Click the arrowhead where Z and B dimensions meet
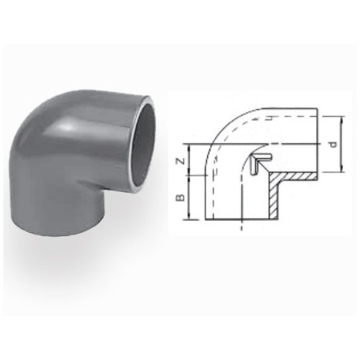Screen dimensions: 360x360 click(x=190, y=179)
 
